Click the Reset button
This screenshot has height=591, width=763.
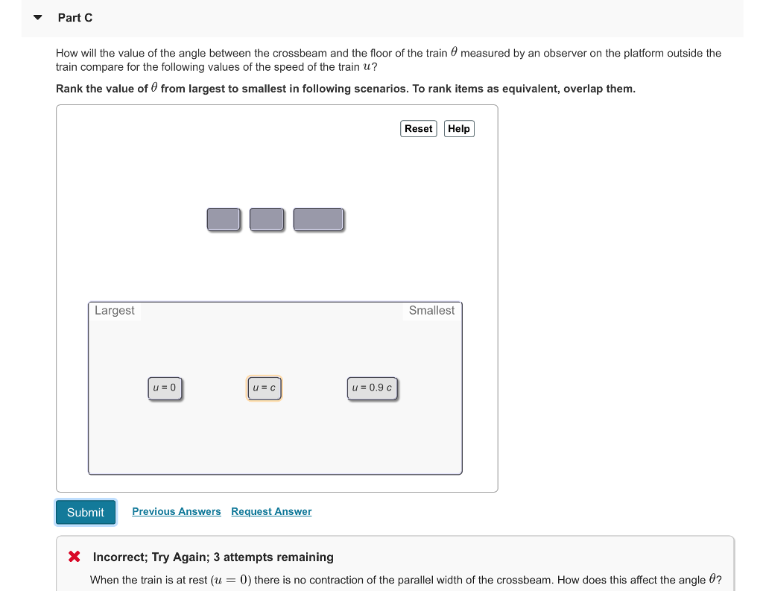[418, 129]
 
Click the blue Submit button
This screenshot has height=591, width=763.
[86, 512]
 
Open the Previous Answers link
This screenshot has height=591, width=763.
[177, 511]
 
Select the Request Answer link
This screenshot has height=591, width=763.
[271, 511]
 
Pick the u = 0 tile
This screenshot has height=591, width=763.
[165, 388]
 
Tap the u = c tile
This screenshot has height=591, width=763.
[265, 388]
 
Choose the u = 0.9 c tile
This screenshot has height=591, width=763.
[372, 388]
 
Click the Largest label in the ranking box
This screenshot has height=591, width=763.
[114, 311]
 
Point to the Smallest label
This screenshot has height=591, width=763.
[431, 311]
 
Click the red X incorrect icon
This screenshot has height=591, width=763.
[75, 557]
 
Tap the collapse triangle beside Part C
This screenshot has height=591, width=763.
[37, 17]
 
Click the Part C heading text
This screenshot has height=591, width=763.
[75, 17]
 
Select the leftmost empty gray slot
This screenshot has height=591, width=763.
[224, 219]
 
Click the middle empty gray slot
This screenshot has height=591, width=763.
[267, 219]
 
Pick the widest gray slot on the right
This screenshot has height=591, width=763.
[318, 219]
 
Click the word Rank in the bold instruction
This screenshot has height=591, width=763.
[69, 89]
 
